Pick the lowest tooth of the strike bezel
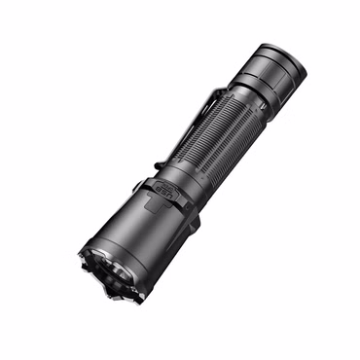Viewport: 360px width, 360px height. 120,298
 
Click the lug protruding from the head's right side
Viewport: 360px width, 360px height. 195,221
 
